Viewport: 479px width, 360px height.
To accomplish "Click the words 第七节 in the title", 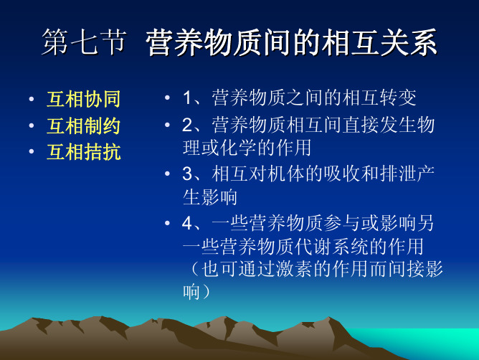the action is point(84,42).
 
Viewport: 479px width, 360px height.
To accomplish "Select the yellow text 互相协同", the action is point(84,99).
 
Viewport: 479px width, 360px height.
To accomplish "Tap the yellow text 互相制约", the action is point(84,125).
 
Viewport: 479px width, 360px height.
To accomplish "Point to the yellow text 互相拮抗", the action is point(84,152).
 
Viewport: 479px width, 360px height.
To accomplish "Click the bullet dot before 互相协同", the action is point(31,99).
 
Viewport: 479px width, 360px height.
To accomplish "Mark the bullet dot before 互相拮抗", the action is point(31,151).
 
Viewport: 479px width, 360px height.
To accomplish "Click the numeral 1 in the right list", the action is point(187,98).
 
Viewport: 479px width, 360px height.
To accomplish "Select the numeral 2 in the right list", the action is point(187,125).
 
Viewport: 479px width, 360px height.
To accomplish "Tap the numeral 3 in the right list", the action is point(187,174).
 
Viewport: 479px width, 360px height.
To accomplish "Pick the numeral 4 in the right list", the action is point(187,223).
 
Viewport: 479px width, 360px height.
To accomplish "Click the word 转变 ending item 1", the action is point(398,98).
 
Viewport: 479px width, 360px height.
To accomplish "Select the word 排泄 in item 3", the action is point(398,174).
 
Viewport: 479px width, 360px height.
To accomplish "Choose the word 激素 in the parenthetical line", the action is point(294,269).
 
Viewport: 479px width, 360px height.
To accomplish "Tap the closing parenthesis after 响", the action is point(206,292).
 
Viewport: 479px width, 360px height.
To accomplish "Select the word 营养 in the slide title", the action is point(174,42).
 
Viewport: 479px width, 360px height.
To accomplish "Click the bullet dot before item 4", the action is point(167,223).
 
